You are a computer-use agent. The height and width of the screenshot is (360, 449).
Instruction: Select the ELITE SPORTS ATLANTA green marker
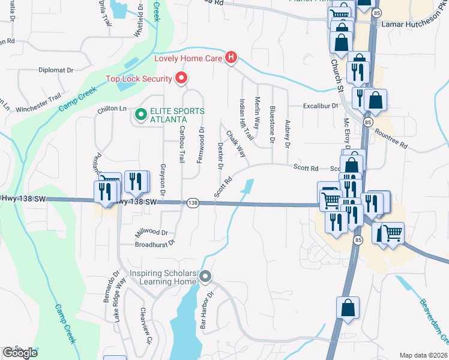pyautogui.click(x=141, y=113)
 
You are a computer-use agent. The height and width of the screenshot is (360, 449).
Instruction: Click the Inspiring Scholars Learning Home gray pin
pyautogui.click(x=205, y=277)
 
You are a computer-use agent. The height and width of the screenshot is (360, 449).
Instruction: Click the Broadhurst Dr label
pyautogui.click(x=154, y=244)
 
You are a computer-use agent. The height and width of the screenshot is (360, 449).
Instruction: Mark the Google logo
pyautogui.click(x=20, y=353)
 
